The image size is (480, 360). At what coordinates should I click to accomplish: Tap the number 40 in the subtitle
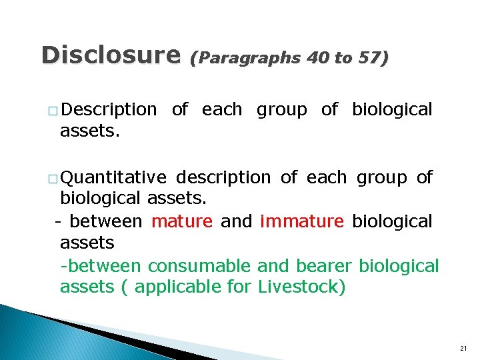(x=317, y=59)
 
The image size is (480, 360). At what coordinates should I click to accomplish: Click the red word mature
(x=182, y=221)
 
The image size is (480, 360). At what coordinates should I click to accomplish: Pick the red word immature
(x=302, y=221)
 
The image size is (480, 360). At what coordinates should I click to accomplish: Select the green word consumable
(x=199, y=266)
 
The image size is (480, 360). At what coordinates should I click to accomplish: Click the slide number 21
(x=464, y=349)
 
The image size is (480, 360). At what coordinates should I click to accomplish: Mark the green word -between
(x=101, y=266)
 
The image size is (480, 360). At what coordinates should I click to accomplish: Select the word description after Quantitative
(x=223, y=177)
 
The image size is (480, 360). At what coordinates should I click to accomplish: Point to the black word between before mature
(x=105, y=221)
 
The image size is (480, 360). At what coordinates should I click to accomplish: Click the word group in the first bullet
(x=282, y=110)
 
